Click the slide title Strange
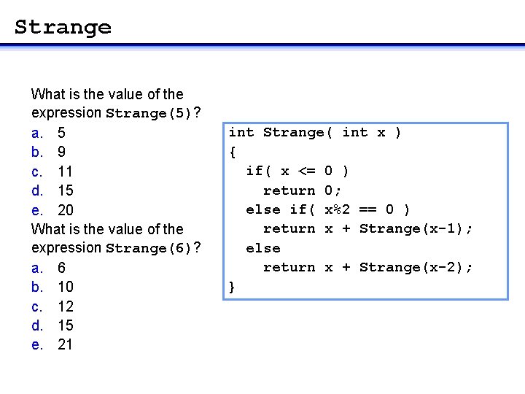[63, 28]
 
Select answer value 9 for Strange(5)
[61, 152]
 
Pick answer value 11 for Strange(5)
[64, 171]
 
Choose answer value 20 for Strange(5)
[65, 210]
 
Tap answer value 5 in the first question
[61, 134]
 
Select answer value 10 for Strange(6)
[65, 287]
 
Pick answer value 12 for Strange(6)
[65, 306]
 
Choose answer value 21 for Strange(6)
[65, 344]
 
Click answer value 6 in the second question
[61, 268]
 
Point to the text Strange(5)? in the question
[153, 114]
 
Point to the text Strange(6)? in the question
[153, 249]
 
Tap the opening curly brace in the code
[233, 152]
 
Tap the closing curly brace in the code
[233, 287]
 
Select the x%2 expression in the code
[337, 209]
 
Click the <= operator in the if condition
[306, 171]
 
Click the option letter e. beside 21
[37, 344]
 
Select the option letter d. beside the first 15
[37, 191]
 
